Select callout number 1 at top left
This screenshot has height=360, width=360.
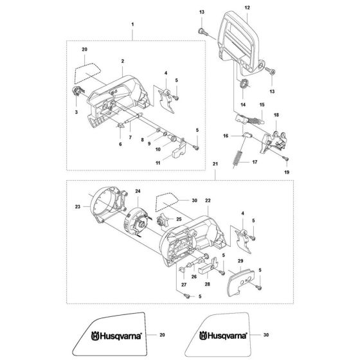tap(133, 24)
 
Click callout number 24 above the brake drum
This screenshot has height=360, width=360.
tap(136, 190)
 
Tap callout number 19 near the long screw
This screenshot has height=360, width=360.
tap(287, 172)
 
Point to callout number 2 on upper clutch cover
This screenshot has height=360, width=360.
tap(122, 61)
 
